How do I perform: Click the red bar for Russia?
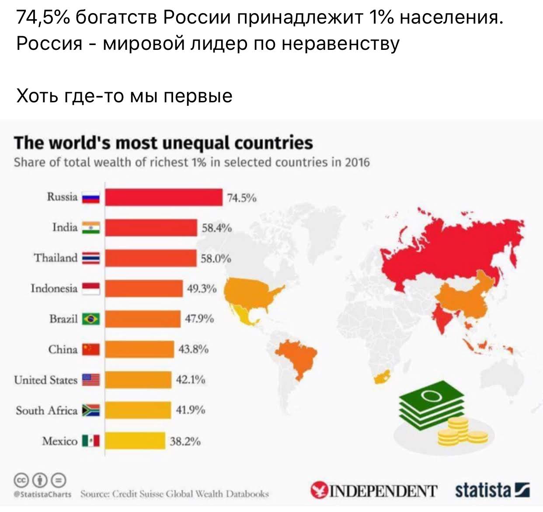[164, 197]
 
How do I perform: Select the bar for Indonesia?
[144, 289]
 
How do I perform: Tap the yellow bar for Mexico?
[135, 441]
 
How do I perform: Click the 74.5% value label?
[242, 198]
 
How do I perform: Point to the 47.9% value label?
[199, 319]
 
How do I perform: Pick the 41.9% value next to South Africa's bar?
[190, 410]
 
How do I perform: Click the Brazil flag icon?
[91, 319]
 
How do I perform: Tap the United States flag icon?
[91, 380]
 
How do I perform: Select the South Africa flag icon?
[91, 410]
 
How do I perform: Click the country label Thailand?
[56, 258]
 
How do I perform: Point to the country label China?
[63, 349]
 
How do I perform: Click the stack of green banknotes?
[431, 402]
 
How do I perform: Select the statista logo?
[492, 490]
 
